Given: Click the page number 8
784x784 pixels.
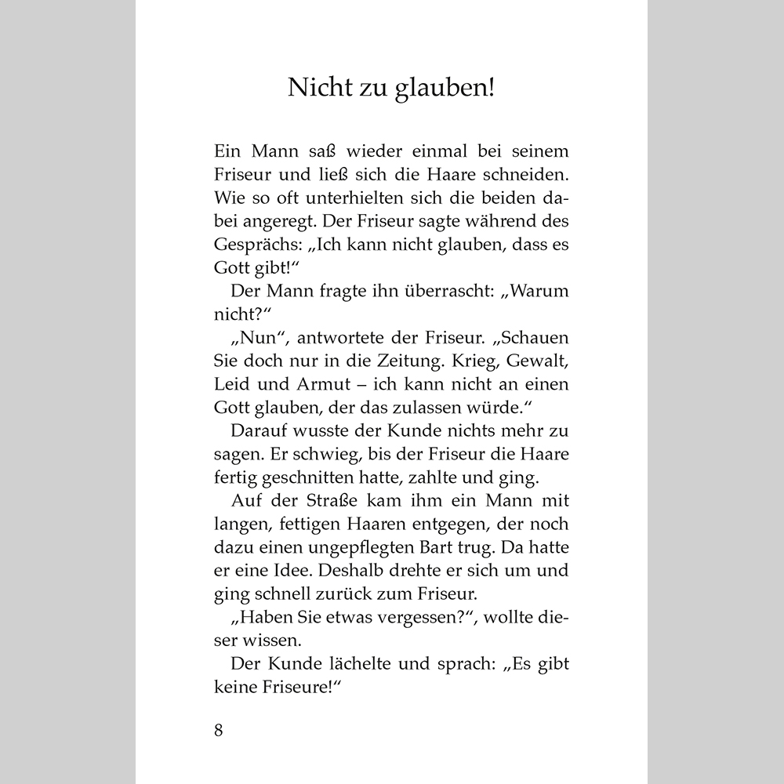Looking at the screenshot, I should pyautogui.click(x=218, y=730).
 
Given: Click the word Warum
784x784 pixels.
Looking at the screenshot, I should pyautogui.click(x=541, y=291).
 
